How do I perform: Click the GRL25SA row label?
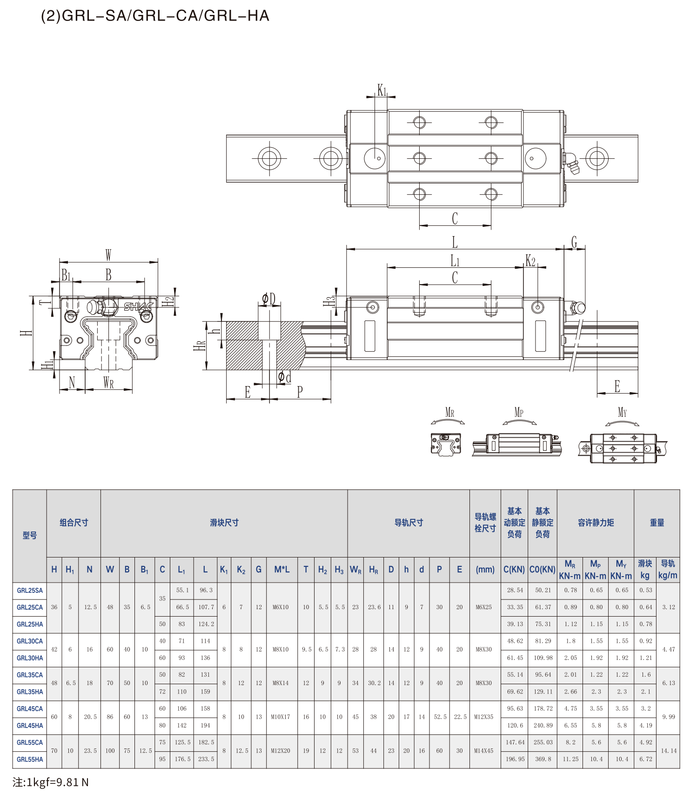click(30, 591)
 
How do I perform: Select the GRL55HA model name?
click(30, 760)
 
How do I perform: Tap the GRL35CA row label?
click(30, 675)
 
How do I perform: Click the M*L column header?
click(282, 570)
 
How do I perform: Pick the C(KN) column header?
click(514, 570)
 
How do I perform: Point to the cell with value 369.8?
click(543, 759)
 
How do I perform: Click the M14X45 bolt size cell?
click(484, 751)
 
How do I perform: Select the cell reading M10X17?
click(281, 717)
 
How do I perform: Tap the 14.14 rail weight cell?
click(669, 751)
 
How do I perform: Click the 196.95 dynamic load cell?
click(515, 759)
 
